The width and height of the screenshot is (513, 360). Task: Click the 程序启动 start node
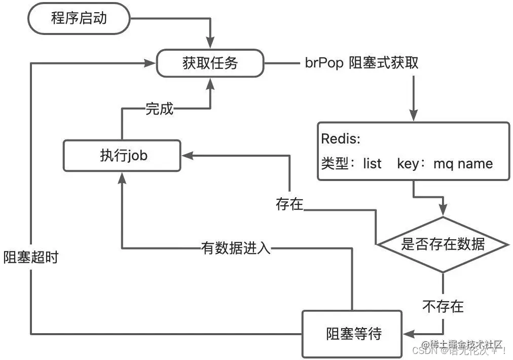point(79,19)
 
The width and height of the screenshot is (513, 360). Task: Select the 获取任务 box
point(210,63)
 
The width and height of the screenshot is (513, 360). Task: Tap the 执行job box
point(122,156)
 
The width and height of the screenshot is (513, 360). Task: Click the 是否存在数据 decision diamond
point(443,245)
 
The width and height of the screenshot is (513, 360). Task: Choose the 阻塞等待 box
point(353,334)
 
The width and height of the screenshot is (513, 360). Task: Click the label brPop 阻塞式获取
point(362,63)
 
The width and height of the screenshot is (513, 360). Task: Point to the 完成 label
point(159,108)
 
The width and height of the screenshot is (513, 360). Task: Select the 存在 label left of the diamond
point(289,204)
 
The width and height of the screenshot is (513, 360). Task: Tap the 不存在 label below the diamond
point(443,306)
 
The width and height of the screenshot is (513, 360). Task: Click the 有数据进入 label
point(236,248)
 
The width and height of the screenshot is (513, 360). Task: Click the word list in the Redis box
point(372,164)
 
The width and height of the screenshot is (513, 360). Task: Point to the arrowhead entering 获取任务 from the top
point(210,45)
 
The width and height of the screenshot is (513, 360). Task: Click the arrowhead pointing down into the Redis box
point(414,117)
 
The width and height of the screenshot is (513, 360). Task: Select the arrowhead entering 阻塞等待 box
point(409,334)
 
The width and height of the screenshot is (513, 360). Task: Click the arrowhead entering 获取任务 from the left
point(151,63)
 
